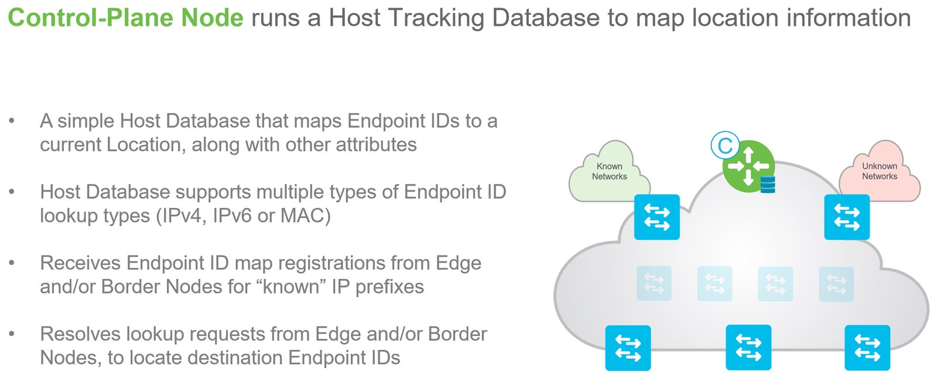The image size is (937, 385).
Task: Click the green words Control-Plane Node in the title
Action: click(x=125, y=18)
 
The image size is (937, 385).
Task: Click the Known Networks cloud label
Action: click(x=609, y=171)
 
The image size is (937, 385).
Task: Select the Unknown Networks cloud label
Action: click(x=879, y=171)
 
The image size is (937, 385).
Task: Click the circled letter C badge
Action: click(x=725, y=146)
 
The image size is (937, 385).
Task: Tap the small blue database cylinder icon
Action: click(x=767, y=185)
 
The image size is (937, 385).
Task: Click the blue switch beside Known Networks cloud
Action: click(x=656, y=217)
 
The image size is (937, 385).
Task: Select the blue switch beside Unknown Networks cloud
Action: click(x=846, y=217)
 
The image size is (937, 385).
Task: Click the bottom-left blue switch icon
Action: click(x=628, y=347)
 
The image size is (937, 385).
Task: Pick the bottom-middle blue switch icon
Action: click(x=748, y=347)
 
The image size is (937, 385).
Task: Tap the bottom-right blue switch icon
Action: click(x=867, y=347)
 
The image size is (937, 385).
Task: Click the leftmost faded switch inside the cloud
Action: click(x=654, y=283)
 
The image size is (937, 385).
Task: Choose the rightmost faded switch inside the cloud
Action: click(x=836, y=284)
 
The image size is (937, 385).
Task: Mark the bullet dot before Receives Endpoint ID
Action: click(x=12, y=263)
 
